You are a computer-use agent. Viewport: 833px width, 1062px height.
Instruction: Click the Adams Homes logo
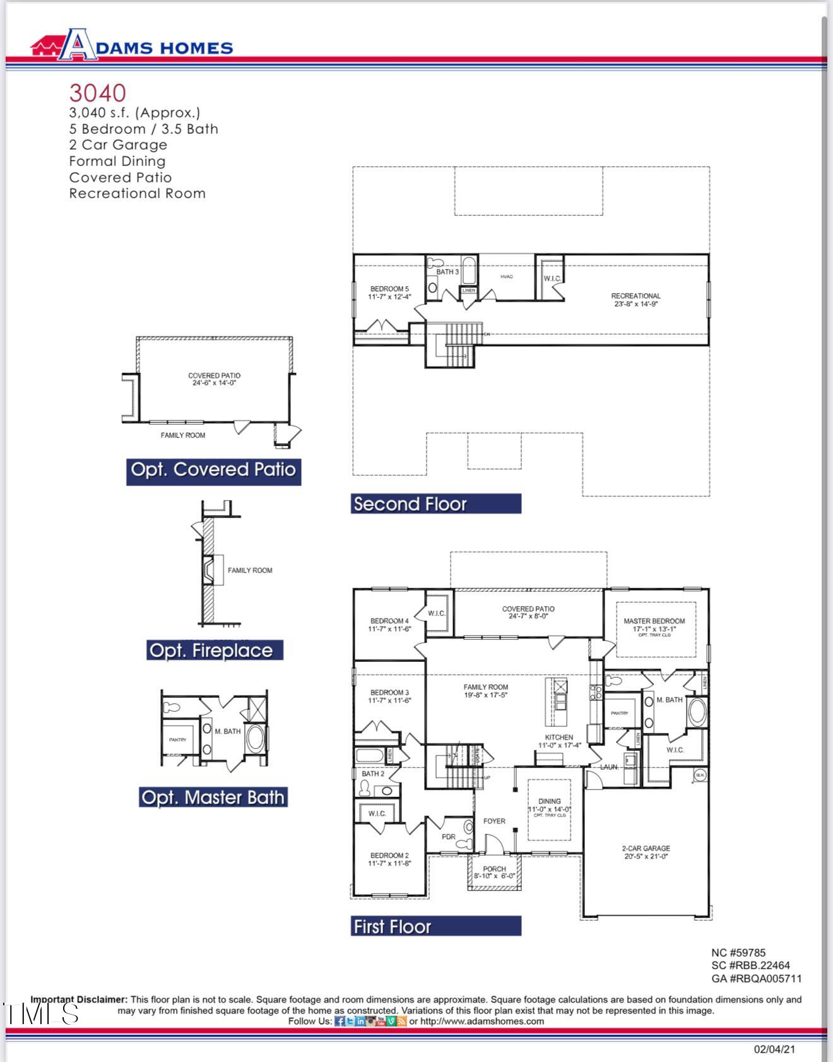click(x=131, y=45)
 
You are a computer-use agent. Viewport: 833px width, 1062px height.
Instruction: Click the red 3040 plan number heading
click(x=97, y=93)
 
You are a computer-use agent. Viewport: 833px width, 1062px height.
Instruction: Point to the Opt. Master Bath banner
click(x=213, y=797)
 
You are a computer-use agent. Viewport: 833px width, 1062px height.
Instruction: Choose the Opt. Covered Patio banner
click(x=213, y=470)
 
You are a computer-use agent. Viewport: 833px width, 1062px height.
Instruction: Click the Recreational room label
click(x=635, y=296)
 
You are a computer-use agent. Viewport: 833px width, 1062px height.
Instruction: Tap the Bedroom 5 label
click(x=389, y=289)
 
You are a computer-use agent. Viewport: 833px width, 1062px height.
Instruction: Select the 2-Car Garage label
click(x=646, y=848)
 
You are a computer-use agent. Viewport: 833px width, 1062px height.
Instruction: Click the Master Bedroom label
click(x=654, y=621)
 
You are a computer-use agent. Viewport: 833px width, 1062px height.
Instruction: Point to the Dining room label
click(x=549, y=801)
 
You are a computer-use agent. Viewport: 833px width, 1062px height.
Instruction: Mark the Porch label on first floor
click(x=494, y=869)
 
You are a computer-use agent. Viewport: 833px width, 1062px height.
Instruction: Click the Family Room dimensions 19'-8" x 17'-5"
click(x=485, y=695)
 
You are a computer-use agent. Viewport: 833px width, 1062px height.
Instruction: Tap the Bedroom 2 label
click(x=389, y=856)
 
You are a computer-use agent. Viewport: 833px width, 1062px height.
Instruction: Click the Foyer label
click(x=494, y=821)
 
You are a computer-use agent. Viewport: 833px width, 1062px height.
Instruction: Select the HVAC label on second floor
click(x=506, y=277)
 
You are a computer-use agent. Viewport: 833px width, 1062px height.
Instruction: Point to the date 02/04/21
click(x=774, y=1049)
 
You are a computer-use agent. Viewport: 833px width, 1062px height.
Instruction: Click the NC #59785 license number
click(x=738, y=953)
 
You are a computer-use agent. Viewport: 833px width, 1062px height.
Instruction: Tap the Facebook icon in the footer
click(x=340, y=1021)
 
